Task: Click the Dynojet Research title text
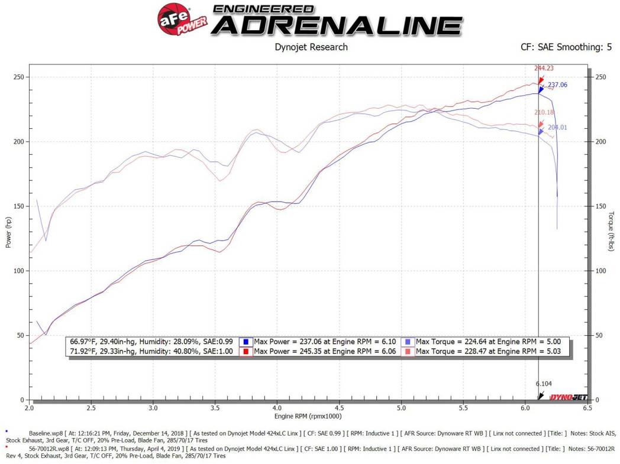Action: coord(311,47)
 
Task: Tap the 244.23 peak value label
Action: coord(544,68)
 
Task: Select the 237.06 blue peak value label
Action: coord(557,85)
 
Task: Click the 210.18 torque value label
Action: coord(544,112)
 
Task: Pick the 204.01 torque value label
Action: coord(557,127)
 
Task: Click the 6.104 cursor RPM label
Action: coord(545,384)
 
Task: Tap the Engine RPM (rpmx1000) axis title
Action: coord(308,416)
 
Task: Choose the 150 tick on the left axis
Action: coord(19,206)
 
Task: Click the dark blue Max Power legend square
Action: coord(246,342)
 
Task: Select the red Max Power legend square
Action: coord(246,352)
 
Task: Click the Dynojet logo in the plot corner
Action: coord(569,397)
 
